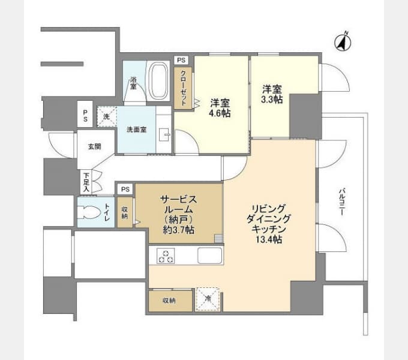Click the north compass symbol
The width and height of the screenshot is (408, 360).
(343, 42)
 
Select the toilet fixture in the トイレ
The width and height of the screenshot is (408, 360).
(90, 212)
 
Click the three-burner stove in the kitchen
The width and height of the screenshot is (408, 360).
(166, 256)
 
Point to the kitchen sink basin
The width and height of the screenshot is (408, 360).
(210, 255)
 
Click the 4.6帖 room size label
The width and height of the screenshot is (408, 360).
(220, 113)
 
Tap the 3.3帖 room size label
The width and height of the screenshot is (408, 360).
(272, 100)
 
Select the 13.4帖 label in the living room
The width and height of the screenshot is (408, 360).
(269, 239)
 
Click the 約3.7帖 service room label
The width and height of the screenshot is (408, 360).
(179, 230)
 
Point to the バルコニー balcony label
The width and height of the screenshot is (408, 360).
(341, 201)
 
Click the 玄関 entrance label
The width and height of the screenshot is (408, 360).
(94, 147)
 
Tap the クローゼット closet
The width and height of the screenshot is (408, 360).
(183, 88)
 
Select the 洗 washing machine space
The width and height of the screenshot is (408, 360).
(107, 116)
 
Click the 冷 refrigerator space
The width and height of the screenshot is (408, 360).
(208, 299)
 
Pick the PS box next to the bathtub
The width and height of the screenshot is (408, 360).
(181, 60)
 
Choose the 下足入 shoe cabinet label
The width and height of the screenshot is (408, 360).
(86, 182)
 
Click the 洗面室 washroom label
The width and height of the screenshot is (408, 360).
(137, 130)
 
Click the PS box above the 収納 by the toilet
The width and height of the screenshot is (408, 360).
(125, 189)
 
